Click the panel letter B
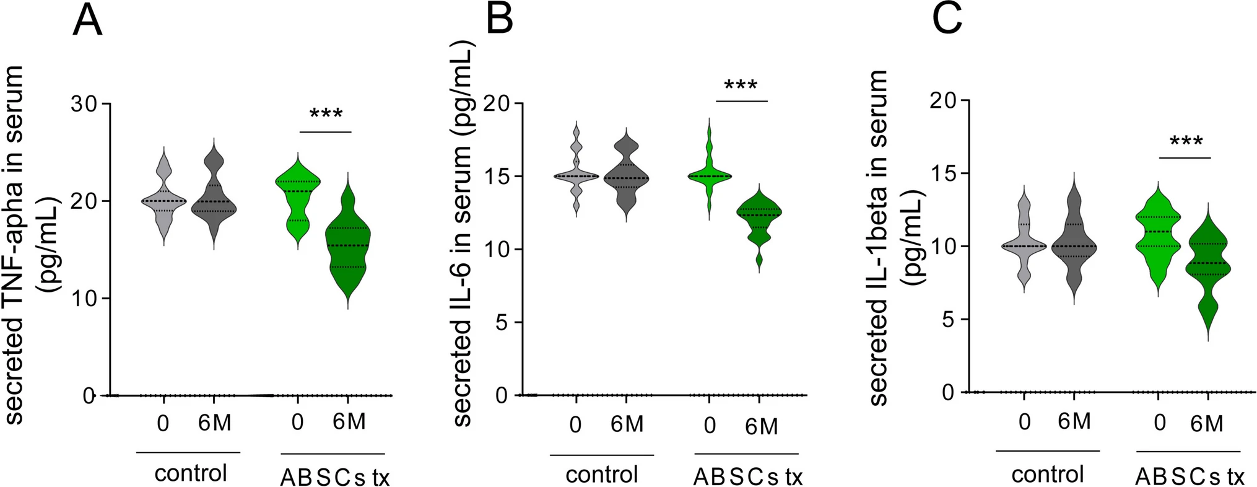499,19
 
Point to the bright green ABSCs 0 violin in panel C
1158,235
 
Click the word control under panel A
191,473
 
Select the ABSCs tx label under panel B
748,476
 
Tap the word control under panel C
1048,475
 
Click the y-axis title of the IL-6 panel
463,235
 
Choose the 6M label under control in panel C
1074,421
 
